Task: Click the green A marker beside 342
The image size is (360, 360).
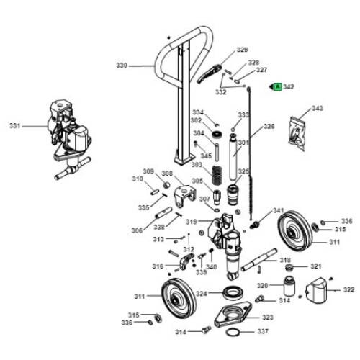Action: pos(278,86)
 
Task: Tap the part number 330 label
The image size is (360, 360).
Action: pos(122,66)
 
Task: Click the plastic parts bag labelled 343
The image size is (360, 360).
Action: pos(297,132)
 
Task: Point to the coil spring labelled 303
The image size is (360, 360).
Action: pos(217,175)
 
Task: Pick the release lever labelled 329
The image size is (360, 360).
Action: pos(209,73)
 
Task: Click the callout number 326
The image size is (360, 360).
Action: pos(269,126)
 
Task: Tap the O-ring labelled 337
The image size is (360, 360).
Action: pos(233,333)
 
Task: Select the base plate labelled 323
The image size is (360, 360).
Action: pos(233,315)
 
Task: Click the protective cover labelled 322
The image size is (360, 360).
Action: pos(316,290)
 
